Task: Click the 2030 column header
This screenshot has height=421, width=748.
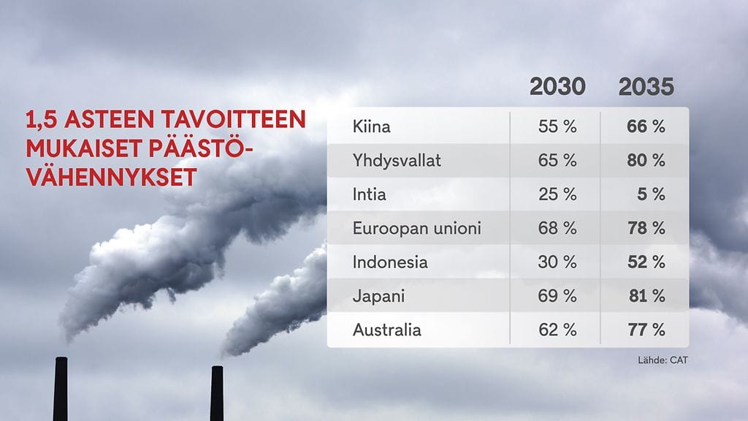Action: click(557, 87)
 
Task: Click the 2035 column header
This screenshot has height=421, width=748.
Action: click(646, 87)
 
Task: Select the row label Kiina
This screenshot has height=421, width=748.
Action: click(371, 126)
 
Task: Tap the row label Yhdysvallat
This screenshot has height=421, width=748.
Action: click(397, 161)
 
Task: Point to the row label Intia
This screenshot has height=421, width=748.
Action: click(370, 194)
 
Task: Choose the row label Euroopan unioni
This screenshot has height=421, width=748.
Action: click(416, 228)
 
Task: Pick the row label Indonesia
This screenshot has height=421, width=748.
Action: click(390, 262)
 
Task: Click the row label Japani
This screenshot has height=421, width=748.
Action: click(378, 296)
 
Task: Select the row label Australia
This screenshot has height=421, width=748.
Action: click(386, 330)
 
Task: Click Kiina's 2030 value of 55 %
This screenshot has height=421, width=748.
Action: click(557, 126)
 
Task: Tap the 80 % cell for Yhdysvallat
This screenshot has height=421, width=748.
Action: click(646, 161)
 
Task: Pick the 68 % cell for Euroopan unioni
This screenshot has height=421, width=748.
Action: click(557, 228)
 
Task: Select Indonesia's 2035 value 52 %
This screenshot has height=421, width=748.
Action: click(646, 262)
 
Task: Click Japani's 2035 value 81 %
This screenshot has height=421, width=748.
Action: click(646, 296)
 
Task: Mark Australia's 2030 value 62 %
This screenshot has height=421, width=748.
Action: click(557, 330)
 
